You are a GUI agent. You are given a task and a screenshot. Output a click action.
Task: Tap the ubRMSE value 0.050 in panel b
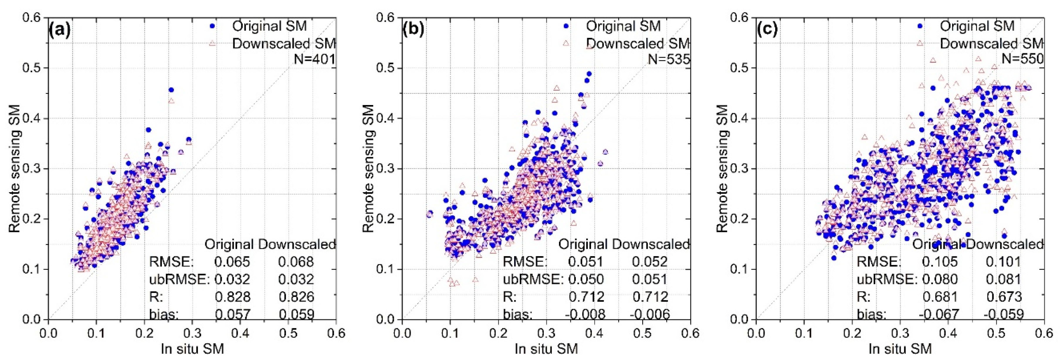click(x=586, y=279)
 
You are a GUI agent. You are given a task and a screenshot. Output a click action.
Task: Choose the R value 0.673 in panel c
click(x=1003, y=297)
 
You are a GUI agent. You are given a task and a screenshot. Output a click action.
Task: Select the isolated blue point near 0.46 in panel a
click(x=171, y=90)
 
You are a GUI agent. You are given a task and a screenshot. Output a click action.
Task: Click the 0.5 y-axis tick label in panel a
click(x=32, y=68)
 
